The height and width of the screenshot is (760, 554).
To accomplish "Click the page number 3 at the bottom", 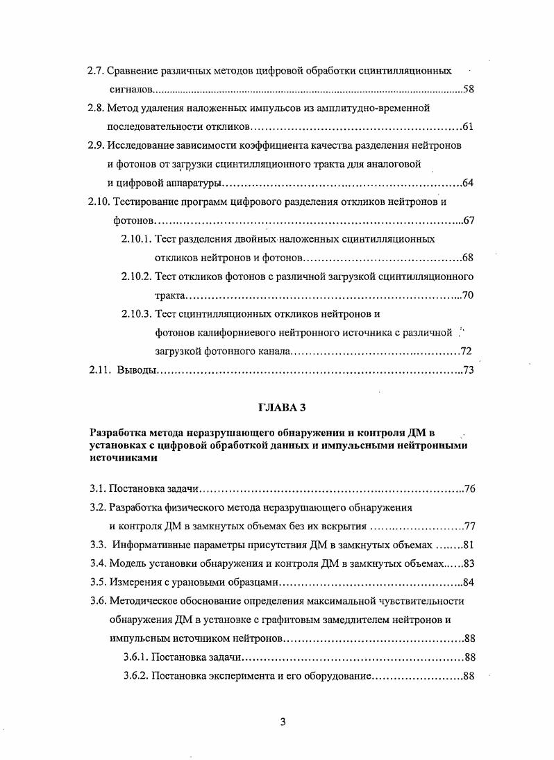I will (x=283, y=721).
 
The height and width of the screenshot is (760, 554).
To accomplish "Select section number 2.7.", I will (x=96, y=71).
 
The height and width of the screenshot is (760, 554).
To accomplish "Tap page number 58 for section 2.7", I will (x=468, y=90).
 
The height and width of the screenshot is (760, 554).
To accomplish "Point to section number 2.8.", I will (x=96, y=108).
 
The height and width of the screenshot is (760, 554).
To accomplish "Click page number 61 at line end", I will (x=467, y=127).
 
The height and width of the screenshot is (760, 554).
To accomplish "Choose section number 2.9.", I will (x=96, y=146).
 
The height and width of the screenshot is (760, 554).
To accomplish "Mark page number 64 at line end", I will (x=467, y=183).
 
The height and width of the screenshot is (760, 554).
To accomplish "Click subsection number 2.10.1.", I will (x=135, y=239).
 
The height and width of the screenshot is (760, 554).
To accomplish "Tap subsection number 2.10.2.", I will (x=135, y=276).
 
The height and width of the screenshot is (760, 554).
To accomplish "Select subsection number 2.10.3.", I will (x=135, y=314).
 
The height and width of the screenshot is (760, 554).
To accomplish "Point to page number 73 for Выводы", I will (x=468, y=370).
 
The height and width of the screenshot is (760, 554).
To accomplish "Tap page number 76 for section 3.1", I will (x=469, y=488).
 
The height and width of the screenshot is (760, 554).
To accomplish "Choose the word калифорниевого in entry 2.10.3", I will (x=233, y=333).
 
